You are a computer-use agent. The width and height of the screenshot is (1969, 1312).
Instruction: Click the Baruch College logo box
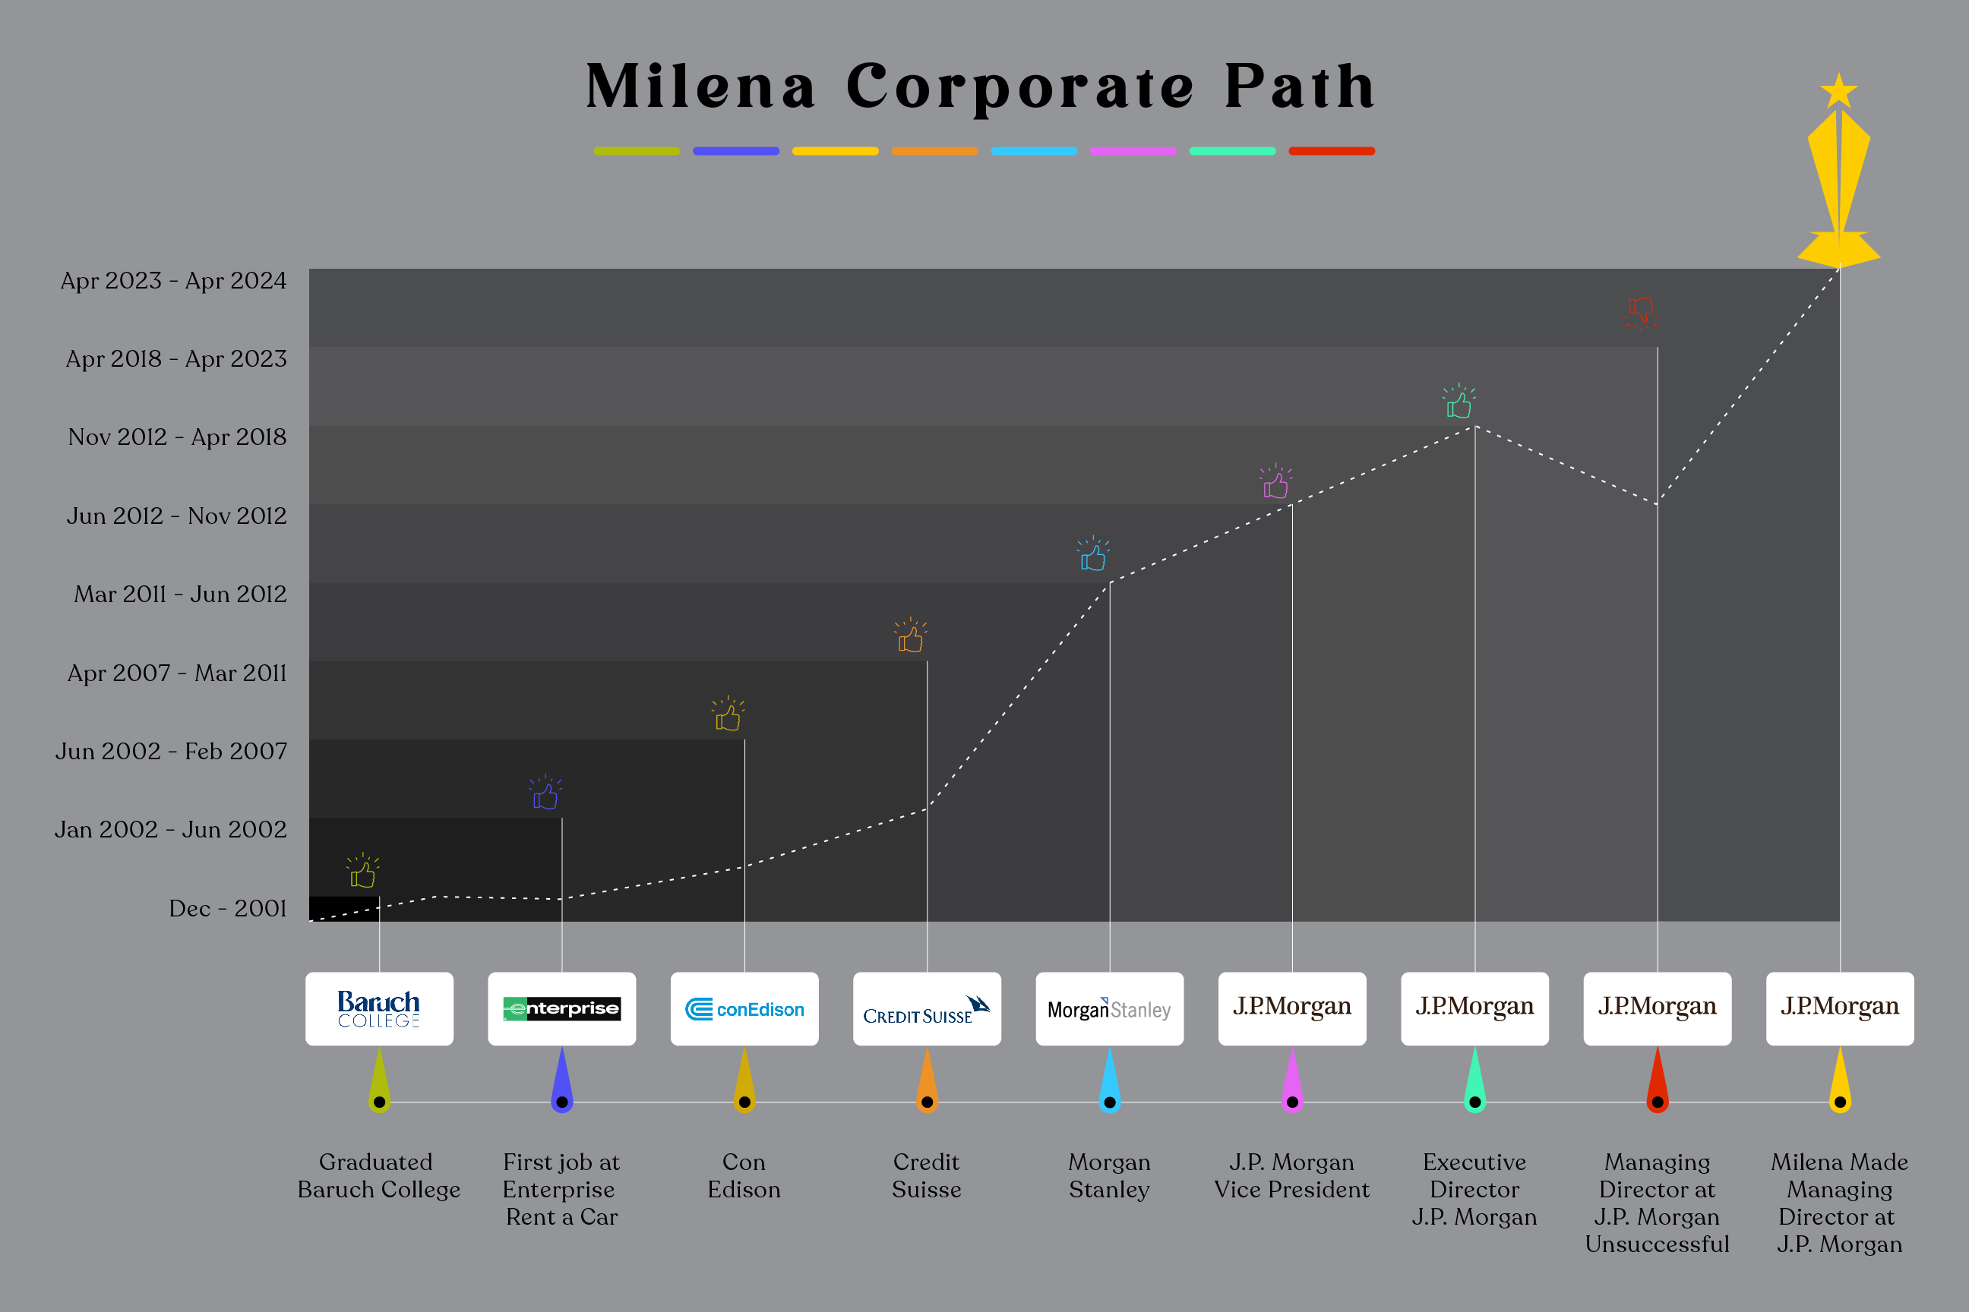[x=379, y=1008]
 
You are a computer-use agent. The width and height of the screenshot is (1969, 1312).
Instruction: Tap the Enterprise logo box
[x=561, y=1008]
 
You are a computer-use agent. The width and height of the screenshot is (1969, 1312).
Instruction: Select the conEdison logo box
[x=744, y=1008]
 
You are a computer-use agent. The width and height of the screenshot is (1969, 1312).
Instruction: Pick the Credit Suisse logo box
[x=927, y=1008]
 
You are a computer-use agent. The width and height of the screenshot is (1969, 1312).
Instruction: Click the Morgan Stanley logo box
[x=1109, y=1008]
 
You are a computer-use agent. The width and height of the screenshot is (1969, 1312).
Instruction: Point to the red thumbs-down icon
[x=1641, y=313]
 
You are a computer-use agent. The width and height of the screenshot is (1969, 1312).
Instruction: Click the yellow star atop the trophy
[x=1838, y=91]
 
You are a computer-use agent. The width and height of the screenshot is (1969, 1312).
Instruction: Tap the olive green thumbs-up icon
[x=362, y=872]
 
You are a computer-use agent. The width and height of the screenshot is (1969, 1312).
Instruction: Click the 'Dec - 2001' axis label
[x=228, y=909]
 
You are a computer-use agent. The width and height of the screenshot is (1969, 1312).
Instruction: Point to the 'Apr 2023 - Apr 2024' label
[x=173, y=281]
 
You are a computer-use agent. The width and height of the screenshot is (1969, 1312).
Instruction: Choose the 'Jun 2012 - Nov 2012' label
[x=177, y=516]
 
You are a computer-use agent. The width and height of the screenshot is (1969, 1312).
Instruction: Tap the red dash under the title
[x=1331, y=151]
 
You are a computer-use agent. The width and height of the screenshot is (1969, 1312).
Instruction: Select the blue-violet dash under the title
[x=736, y=151]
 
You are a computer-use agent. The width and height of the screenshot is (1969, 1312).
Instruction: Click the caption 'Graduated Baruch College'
[x=378, y=1175]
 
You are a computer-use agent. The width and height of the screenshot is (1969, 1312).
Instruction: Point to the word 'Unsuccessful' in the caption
[x=1657, y=1244]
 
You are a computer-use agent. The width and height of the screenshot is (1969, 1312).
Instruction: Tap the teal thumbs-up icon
[x=1459, y=402]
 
